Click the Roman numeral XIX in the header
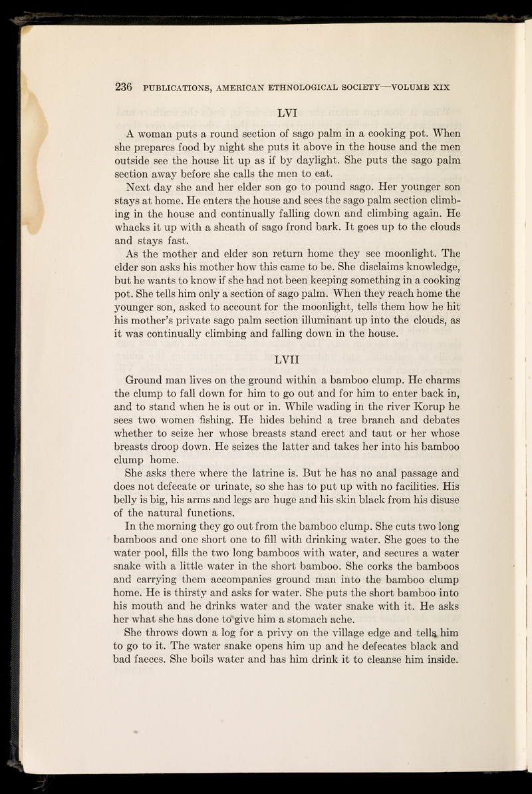[440, 87]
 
